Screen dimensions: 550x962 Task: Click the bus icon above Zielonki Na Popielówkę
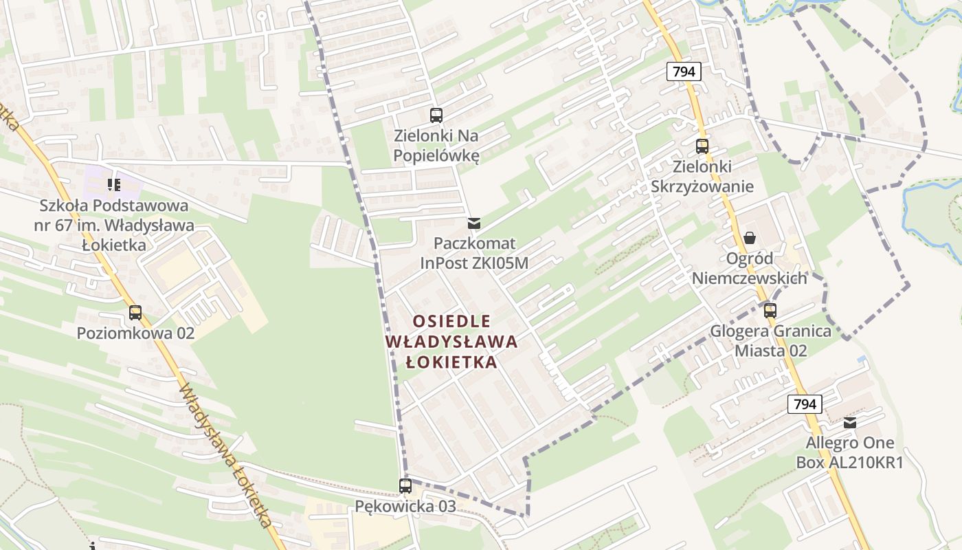pos(436,115)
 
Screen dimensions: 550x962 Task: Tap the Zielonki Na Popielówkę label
pos(436,146)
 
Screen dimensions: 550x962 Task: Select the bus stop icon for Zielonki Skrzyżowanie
pos(702,146)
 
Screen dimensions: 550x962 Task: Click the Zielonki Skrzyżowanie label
pos(702,177)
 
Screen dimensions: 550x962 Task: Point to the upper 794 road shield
pos(683,71)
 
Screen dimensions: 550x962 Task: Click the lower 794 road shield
pos(805,404)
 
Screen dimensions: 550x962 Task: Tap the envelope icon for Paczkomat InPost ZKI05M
pos(473,223)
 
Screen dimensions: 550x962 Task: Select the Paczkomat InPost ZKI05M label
pos(474,253)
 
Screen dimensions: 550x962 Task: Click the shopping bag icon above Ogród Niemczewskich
pos(750,238)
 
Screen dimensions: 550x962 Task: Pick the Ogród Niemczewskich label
pos(750,268)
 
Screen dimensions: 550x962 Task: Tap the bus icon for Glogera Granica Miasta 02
pos(770,311)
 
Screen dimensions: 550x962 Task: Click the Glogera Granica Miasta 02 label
pos(770,340)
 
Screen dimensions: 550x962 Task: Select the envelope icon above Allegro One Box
pos(850,423)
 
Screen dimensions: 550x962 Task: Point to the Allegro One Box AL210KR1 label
pos(850,452)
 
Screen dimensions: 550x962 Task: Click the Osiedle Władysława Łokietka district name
pos(451,342)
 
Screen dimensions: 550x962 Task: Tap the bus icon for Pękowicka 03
pos(405,486)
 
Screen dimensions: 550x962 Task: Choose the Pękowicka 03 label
pos(405,507)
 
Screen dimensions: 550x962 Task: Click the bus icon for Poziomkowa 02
pos(135,313)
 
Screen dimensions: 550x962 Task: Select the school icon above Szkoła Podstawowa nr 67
pos(113,184)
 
